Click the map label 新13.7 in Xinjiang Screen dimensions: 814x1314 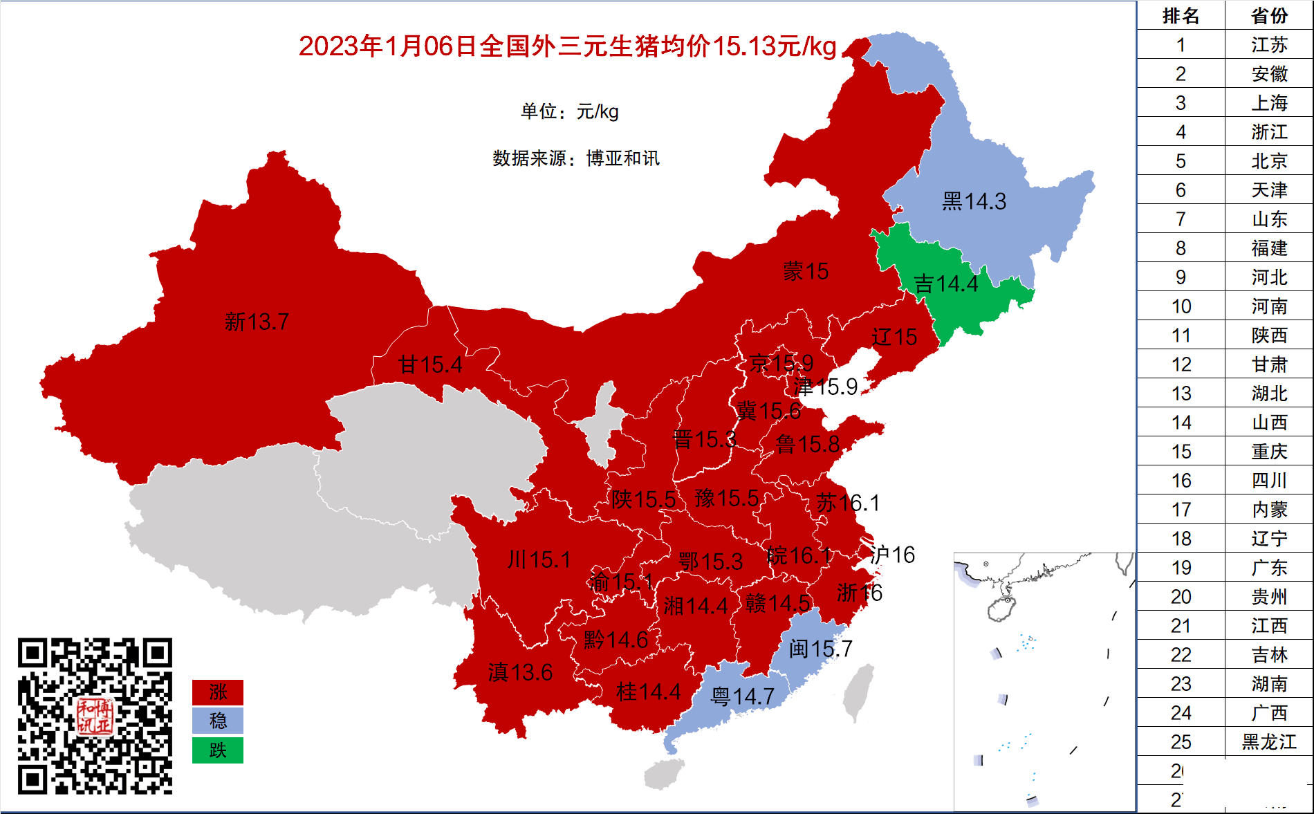tap(257, 322)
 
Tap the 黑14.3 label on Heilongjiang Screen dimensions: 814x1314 tap(974, 201)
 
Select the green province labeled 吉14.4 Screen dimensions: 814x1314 tap(945, 284)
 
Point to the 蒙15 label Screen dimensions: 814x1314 tap(805, 271)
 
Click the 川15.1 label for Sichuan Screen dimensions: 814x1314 tap(539, 559)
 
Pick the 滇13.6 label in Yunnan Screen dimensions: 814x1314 tap(520, 672)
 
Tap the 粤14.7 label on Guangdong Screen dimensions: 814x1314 tap(742, 696)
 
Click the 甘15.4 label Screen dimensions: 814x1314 tap(429, 364)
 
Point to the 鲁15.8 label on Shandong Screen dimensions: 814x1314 tap(807, 444)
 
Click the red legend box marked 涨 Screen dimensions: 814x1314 tap(218, 692)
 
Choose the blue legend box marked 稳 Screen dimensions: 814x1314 tap(218, 721)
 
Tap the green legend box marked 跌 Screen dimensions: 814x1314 tap(218, 750)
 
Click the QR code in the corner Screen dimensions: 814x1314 tap(95, 716)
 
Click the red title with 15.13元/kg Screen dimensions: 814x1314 tap(567, 46)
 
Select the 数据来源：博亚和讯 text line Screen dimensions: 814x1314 tap(575, 158)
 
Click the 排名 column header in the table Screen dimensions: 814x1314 tap(1181, 15)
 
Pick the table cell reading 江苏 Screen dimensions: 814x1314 tap(1269, 45)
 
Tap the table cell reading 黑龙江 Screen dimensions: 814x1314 tap(1269, 741)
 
